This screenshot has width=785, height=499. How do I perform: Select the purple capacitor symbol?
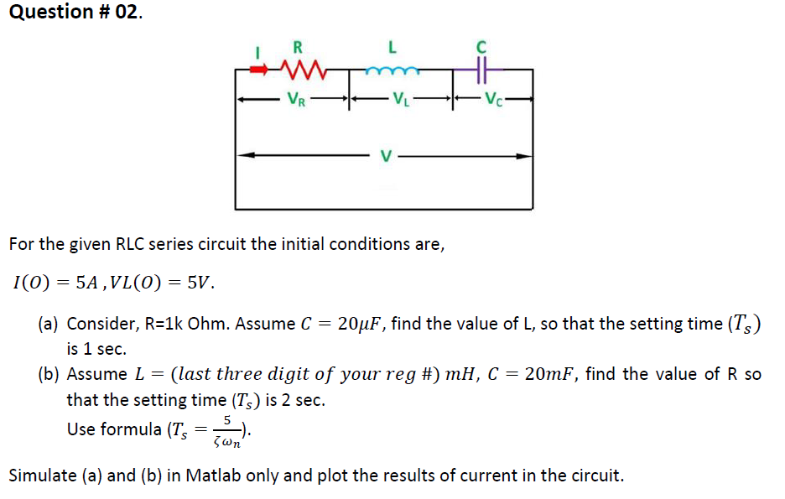coord(481,70)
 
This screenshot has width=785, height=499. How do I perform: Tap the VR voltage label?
coord(295,99)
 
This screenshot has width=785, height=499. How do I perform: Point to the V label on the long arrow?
coord(385,155)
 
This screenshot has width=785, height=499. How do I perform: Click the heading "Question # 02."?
coord(71,13)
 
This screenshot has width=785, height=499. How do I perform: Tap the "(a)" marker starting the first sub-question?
coord(49,324)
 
